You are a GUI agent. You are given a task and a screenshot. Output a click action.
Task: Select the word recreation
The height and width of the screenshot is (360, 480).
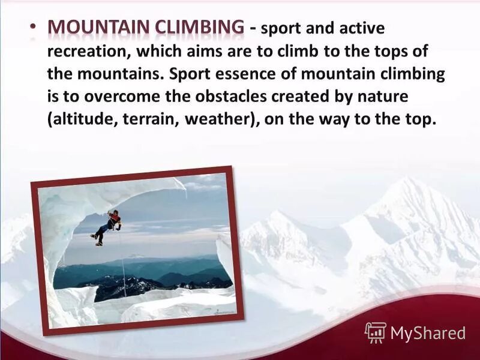[84, 52]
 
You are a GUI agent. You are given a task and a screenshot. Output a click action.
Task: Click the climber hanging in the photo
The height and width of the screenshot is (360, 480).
[108, 227]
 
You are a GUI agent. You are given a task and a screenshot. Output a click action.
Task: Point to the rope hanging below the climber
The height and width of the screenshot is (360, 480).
[122, 264]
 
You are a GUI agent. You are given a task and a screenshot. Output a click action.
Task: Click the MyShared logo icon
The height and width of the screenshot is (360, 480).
[376, 332]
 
